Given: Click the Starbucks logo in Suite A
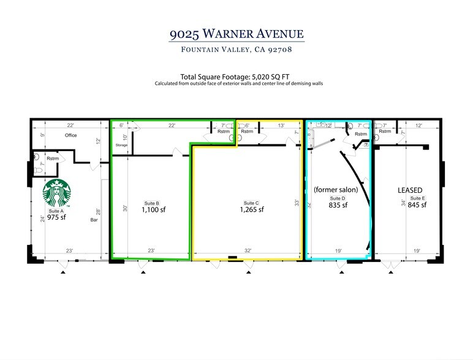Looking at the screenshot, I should pyautogui.click(x=57, y=193).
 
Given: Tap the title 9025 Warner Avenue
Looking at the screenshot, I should pyautogui.click(x=236, y=32).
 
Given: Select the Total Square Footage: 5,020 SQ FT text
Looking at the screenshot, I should pyautogui.click(x=236, y=76).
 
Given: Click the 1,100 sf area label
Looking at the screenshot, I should pyautogui.click(x=154, y=209).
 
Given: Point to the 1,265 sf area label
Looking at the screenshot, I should pyautogui.click(x=252, y=209).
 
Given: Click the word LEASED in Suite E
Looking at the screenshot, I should pyautogui.click(x=411, y=190).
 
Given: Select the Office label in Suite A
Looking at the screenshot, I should pyautogui.click(x=70, y=135).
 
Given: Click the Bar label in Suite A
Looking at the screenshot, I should pyautogui.click(x=94, y=219).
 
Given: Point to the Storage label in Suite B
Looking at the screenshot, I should pyautogui.click(x=121, y=145).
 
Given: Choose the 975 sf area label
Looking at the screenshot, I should pyautogui.click(x=57, y=217).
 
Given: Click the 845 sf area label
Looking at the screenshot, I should pyautogui.click(x=417, y=205).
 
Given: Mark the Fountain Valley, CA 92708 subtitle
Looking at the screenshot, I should pyautogui.click(x=236, y=50).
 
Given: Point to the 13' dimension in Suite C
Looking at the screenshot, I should pyautogui.click(x=280, y=126).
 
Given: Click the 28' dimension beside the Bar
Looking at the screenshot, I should pyautogui.click(x=98, y=211).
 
